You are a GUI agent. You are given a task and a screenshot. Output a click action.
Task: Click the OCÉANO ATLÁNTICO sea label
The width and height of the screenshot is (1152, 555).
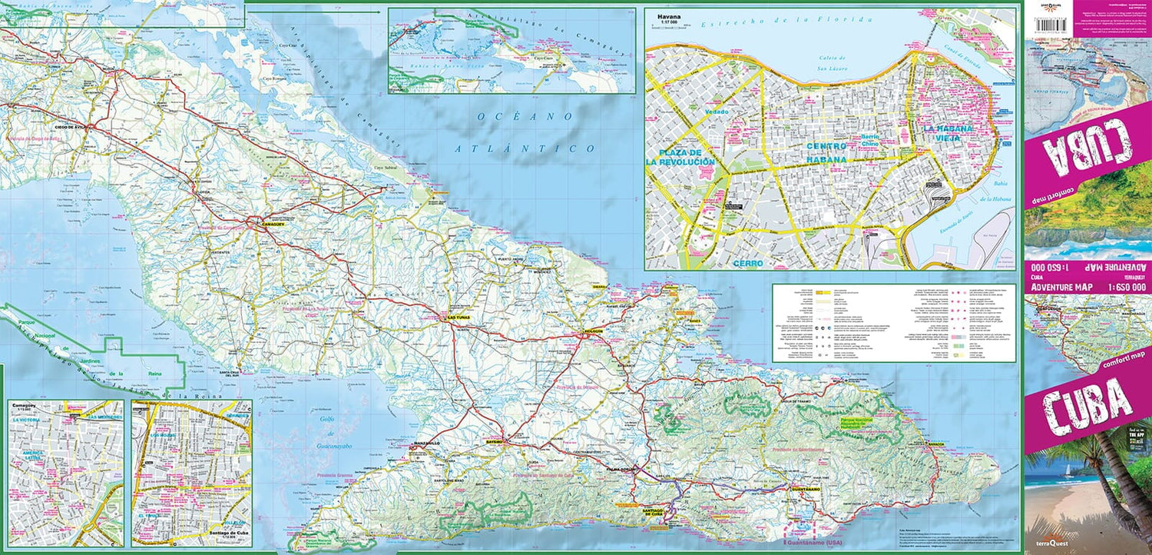click(x=525, y=131)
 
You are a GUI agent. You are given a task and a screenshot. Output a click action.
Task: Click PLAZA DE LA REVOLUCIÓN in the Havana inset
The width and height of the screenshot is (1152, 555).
click(x=680, y=157)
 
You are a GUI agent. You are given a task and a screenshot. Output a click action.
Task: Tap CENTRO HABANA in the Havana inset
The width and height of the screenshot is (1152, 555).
click(x=826, y=152)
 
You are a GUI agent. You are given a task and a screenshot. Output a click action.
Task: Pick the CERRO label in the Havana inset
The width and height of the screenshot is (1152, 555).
click(x=747, y=263)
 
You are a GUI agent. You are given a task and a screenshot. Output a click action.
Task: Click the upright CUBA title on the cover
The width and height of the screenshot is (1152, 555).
click(x=1087, y=407)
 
